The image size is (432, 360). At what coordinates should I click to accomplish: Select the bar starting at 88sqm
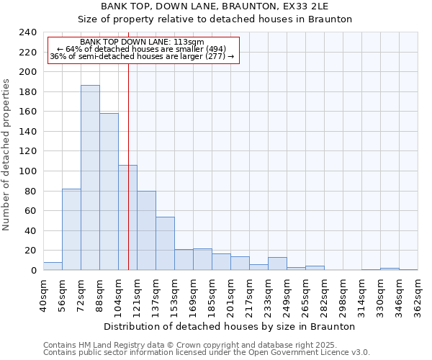109,192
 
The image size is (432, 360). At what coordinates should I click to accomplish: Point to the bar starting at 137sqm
165,243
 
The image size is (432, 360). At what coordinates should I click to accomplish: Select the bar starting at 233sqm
277,264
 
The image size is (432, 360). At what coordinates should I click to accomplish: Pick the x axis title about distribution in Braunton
230,326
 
